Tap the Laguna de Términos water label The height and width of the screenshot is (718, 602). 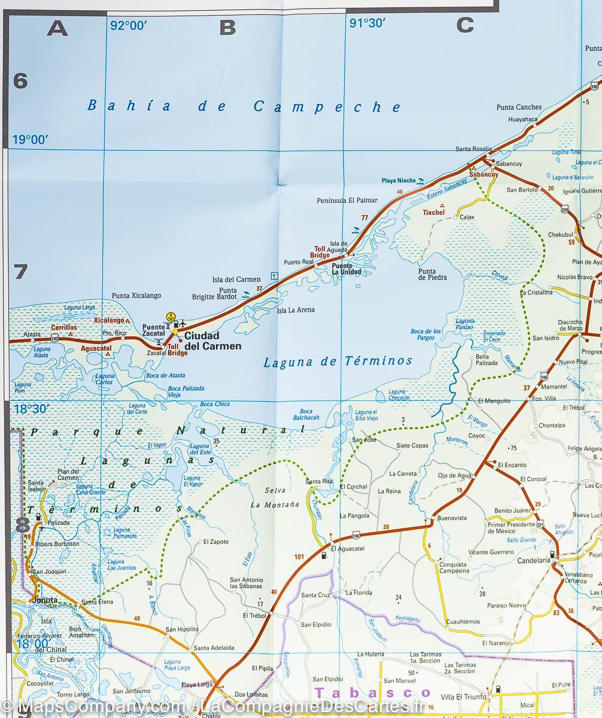(338, 361)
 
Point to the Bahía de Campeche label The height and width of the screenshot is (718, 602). (244, 107)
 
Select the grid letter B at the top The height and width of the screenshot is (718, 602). (228, 27)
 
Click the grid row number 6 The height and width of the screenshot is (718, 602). (20, 81)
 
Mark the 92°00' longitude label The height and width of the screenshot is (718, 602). (128, 25)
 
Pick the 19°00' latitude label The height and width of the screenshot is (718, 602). (30, 140)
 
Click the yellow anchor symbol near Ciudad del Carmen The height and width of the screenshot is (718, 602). (171, 316)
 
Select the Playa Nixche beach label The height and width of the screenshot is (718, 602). (398, 180)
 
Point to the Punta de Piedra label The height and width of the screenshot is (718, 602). (433, 273)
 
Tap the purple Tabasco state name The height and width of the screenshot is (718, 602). (372, 692)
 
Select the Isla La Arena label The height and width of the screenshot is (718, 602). (296, 310)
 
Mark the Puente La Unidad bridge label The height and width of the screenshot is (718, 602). (346, 269)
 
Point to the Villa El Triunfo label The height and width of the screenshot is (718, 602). (462, 696)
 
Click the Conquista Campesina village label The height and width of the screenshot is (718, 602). (454, 567)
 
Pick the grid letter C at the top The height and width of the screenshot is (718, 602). (465, 25)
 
